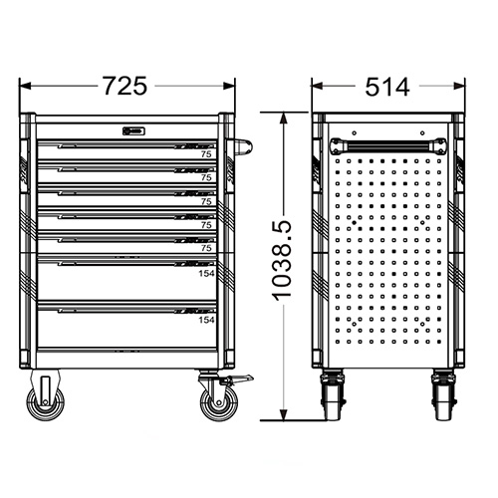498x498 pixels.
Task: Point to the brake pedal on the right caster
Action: tap(237, 380)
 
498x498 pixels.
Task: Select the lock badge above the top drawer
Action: tap(133, 129)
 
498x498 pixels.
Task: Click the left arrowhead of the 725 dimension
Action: tap(24, 87)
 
